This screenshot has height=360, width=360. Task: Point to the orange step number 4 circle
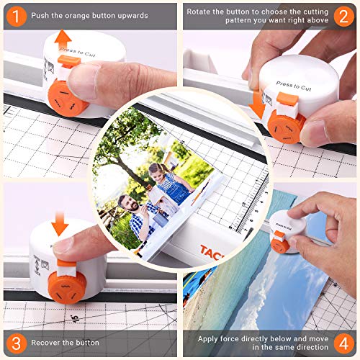pyautogui.click(x=343, y=343)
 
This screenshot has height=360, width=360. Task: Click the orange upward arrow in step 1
pyautogui.click(x=63, y=40)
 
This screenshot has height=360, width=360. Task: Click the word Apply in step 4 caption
pyautogui.click(x=209, y=337)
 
